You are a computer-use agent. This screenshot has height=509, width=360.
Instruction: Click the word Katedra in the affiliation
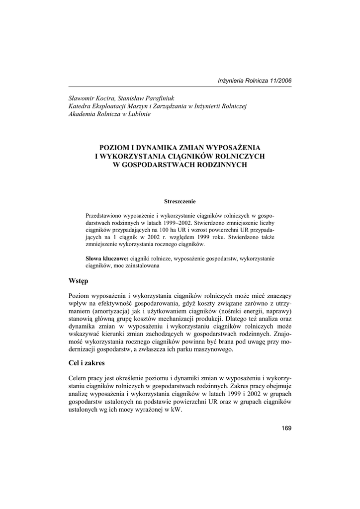(x=80, y=106)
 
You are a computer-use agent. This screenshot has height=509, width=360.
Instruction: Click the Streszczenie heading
(x=180, y=201)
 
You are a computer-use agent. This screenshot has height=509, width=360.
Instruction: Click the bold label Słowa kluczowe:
(x=107, y=259)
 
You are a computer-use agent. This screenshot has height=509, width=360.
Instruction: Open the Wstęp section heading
(x=78, y=281)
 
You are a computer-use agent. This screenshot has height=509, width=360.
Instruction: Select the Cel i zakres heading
(x=87, y=363)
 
